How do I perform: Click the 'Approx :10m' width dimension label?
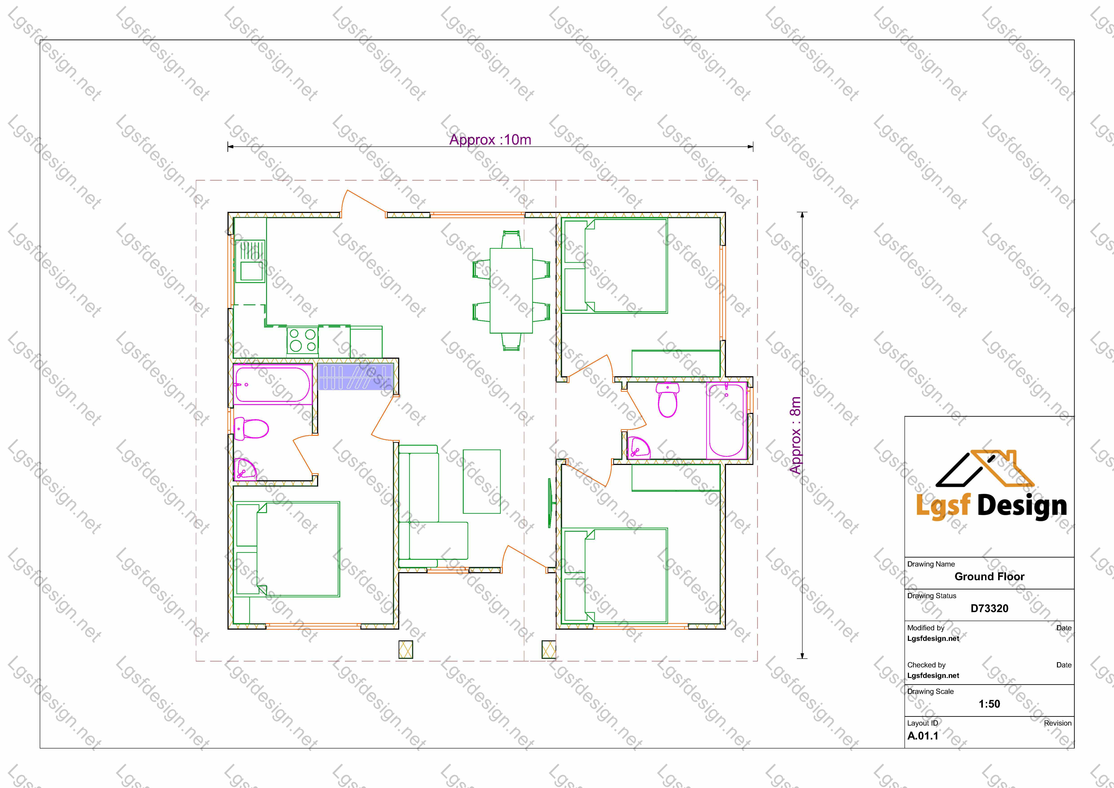click(x=490, y=140)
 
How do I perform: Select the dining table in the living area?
click(x=511, y=291)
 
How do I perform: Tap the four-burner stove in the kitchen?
click(x=302, y=340)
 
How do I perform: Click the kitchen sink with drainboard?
click(x=250, y=261)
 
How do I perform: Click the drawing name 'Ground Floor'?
click(x=989, y=576)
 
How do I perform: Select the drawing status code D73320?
click(x=989, y=609)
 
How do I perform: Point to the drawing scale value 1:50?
click(x=989, y=704)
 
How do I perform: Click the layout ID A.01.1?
click(x=923, y=736)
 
